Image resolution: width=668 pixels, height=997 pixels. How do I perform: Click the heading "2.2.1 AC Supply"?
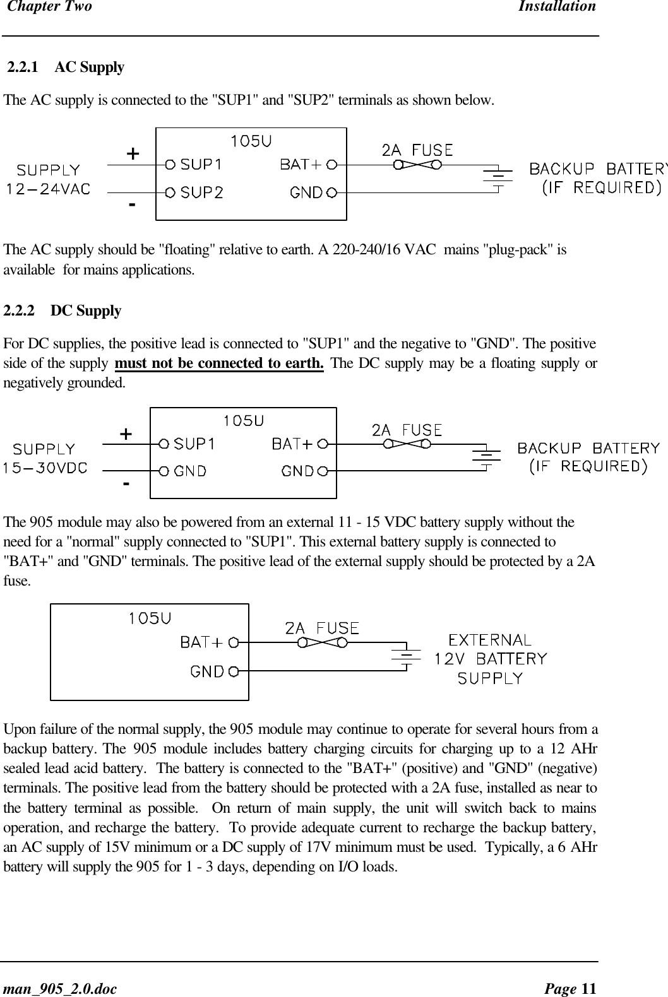click(66, 68)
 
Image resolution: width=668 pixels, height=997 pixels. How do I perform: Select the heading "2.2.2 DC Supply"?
click(63, 311)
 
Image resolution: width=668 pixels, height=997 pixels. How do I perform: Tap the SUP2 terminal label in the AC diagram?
click(201, 192)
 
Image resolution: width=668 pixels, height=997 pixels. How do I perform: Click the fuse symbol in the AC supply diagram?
click(417, 165)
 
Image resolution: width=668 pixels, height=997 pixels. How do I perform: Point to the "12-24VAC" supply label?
click(49, 188)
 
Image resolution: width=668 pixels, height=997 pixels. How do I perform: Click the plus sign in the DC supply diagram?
click(126, 434)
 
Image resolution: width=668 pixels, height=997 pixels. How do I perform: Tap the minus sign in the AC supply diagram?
click(131, 205)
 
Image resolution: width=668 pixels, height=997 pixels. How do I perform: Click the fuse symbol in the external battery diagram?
click(323, 643)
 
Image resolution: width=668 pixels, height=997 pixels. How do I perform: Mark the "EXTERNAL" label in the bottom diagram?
click(489, 640)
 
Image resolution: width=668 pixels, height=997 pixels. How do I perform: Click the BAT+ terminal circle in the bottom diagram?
click(234, 642)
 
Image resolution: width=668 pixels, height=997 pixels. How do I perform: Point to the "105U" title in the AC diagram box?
click(251, 141)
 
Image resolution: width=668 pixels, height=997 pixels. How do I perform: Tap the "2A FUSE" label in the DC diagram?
click(407, 430)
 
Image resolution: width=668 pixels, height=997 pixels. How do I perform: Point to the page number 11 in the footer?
click(588, 987)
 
